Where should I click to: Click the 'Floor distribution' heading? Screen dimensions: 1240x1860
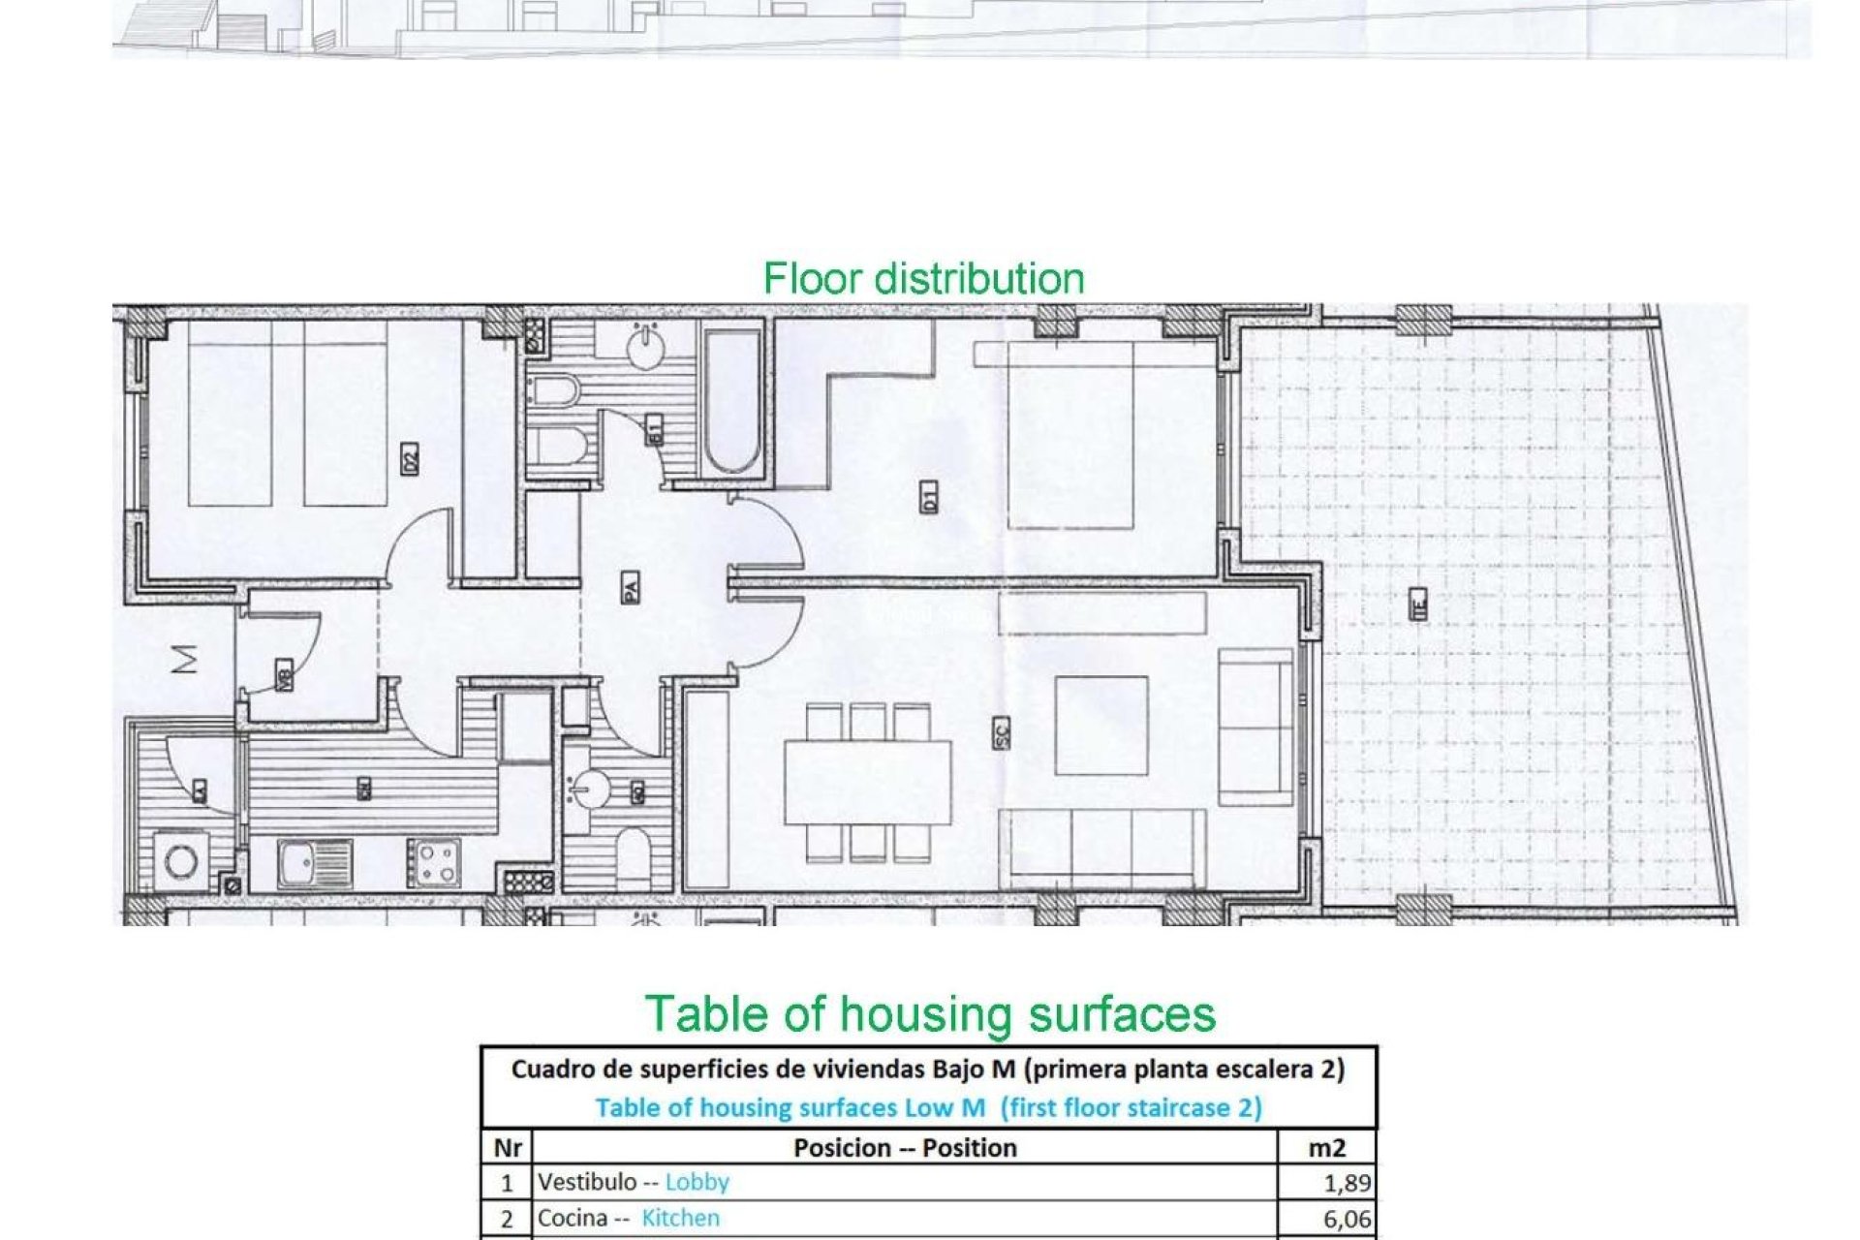click(923, 279)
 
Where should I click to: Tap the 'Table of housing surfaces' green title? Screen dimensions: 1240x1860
click(930, 1014)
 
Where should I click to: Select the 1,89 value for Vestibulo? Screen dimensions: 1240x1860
click(1347, 1183)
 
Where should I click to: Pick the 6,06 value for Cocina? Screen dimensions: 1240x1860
click(1347, 1219)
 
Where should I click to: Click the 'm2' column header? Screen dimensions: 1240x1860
click(1326, 1148)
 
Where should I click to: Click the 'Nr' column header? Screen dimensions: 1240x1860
click(508, 1148)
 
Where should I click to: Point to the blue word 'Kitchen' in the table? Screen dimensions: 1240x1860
click(680, 1219)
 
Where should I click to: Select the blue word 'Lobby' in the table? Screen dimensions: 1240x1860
click(697, 1183)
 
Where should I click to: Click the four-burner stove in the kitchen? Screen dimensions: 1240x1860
click(433, 862)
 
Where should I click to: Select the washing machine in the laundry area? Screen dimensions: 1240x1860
click(181, 861)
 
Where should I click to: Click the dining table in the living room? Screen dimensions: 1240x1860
click(867, 783)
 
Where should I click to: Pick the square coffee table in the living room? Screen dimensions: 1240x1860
click(1100, 726)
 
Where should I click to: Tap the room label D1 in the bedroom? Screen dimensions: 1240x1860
click(929, 499)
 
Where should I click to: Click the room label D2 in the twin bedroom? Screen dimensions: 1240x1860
click(410, 458)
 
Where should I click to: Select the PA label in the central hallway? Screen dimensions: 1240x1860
click(630, 587)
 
